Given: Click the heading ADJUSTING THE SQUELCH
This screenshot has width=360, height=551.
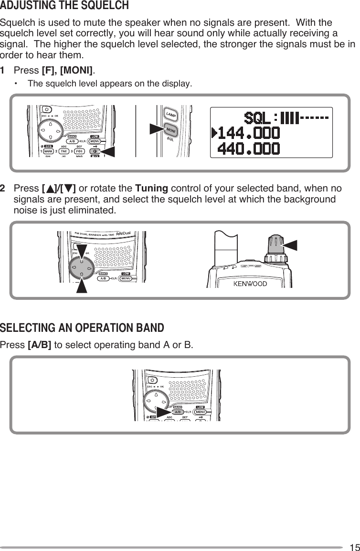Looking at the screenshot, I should tap(64, 6).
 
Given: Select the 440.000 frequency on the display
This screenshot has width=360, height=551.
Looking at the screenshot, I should tap(249, 148).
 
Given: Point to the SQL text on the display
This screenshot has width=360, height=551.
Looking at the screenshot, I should tap(258, 117).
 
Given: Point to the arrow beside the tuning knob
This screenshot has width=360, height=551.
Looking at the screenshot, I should tap(292, 245).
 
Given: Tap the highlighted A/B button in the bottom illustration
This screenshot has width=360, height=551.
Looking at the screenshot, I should tap(177, 412).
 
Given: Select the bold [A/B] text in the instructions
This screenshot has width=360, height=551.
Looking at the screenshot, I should tap(40, 345).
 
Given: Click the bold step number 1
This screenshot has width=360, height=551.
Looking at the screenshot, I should tap(3, 71).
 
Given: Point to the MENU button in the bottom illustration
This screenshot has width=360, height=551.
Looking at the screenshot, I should tap(201, 412).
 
